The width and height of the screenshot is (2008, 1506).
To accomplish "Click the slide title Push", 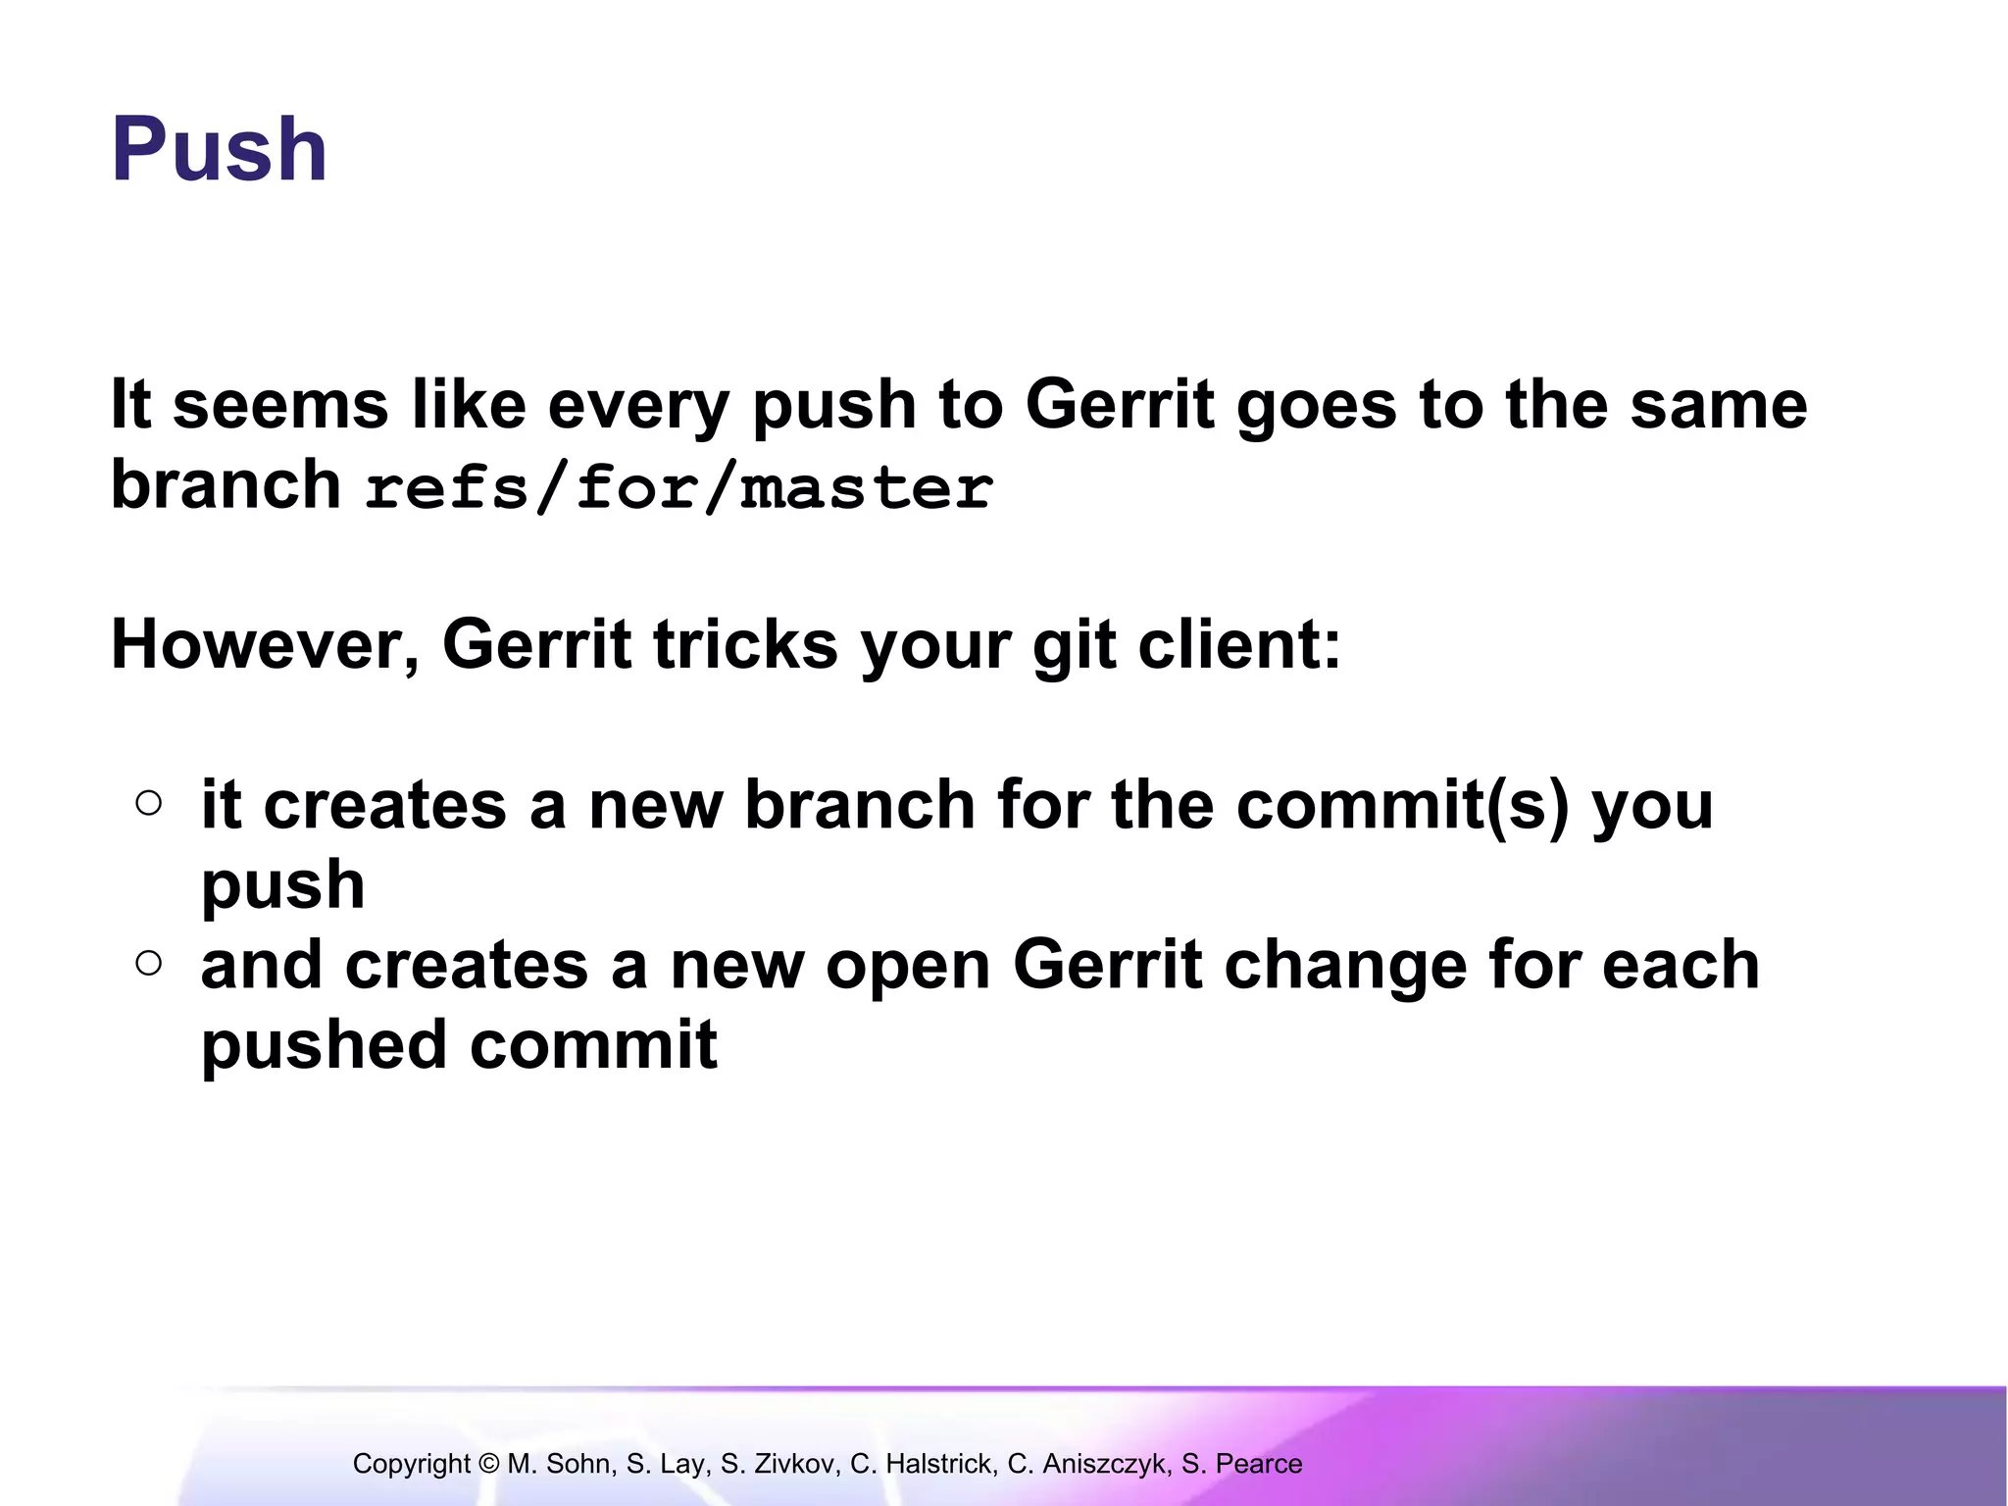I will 220,150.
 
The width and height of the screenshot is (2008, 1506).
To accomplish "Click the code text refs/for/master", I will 678,487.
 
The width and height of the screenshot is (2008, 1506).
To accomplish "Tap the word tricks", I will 745,645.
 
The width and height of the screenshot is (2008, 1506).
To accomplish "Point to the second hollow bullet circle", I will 149,964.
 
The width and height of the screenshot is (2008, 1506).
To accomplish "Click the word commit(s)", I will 1402,805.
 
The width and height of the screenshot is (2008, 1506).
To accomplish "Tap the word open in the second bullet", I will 908,965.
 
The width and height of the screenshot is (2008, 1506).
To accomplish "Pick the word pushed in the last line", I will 325,1045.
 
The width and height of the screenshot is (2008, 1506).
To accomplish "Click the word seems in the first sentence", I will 280,405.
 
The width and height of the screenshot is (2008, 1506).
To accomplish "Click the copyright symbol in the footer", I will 489,1464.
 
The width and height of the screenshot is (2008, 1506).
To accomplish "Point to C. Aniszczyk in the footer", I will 1087,1464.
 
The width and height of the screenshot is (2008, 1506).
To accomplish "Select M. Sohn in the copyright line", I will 559,1464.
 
